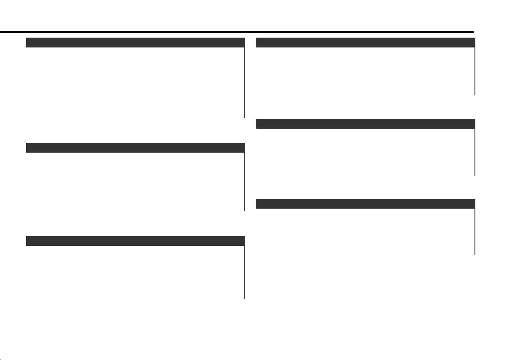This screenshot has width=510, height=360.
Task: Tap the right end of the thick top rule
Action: coord(472,32)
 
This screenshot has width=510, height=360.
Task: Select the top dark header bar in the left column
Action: coord(135,42)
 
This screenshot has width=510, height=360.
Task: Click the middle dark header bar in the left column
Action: coord(135,148)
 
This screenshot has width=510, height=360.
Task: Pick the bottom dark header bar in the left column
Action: coord(135,241)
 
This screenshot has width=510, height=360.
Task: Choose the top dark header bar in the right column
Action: coord(365,42)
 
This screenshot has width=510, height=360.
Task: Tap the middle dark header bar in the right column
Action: coord(365,124)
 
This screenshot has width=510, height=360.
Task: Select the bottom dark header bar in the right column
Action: coord(365,204)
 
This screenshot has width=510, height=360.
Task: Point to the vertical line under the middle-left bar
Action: coord(245,182)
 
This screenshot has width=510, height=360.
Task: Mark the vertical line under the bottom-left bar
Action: coord(245,272)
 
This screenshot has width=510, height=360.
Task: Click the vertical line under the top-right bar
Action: coord(475,71)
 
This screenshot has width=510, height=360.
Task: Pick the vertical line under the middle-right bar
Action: coord(475,152)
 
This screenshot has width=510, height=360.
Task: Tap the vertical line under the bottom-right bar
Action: coord(475,231)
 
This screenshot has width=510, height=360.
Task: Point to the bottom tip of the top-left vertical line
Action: coord(245,117)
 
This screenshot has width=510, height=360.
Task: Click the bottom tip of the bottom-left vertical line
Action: coord(245,298)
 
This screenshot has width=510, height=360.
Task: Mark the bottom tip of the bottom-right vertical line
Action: coord(475,254)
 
